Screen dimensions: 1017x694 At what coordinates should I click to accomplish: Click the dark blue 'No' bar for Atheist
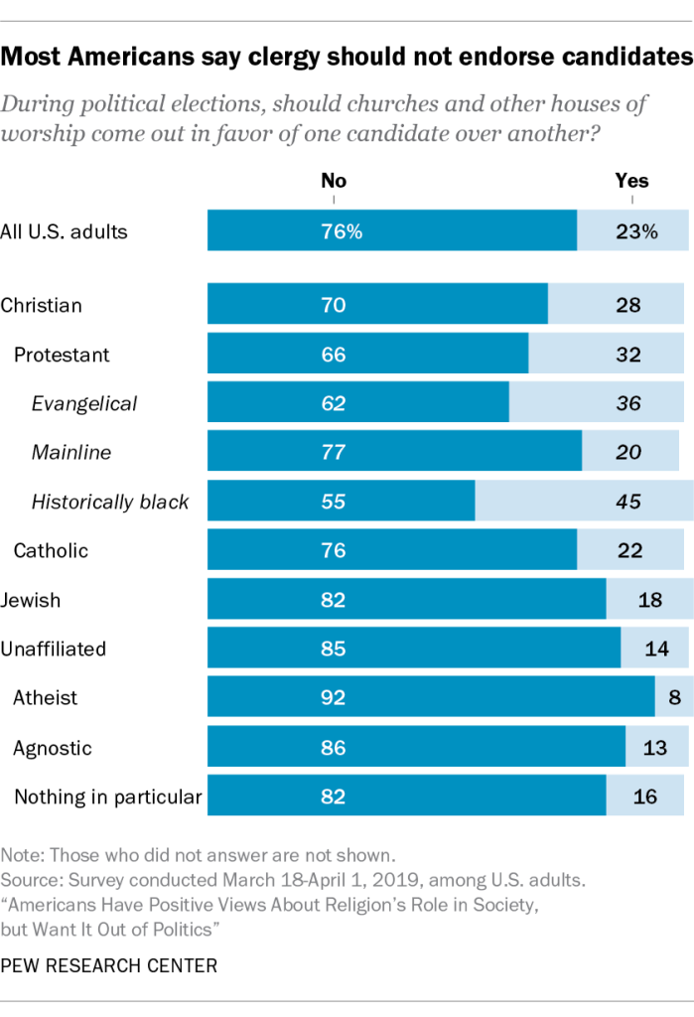[431, 697]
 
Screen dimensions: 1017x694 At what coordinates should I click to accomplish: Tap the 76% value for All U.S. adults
[341, 232]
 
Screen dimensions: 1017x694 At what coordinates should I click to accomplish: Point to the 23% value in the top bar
[635, 232]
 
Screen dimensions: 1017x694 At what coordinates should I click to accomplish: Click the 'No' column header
[334, 181]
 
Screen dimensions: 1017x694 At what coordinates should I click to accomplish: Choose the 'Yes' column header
[632, 181]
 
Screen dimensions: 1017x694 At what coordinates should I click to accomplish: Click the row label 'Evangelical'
[84, 403]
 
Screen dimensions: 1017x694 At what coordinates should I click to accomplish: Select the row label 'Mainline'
[71, 453]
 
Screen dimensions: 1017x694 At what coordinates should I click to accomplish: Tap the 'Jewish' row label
[31, 600]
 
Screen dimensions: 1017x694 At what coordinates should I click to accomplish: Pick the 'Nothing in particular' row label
[107, 796]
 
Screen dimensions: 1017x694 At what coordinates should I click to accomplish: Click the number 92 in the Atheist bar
[334, 698]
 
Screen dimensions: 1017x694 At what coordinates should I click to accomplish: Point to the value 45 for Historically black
[627, 502]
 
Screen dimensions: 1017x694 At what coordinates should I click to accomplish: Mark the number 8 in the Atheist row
[675, 698]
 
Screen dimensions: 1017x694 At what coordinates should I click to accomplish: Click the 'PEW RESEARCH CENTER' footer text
[109, 964]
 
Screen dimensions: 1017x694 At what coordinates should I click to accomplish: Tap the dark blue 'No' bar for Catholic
[392, 550]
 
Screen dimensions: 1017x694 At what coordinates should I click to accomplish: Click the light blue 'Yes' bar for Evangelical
[596, 403]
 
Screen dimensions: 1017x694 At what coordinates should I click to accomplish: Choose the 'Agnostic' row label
[52, 747]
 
